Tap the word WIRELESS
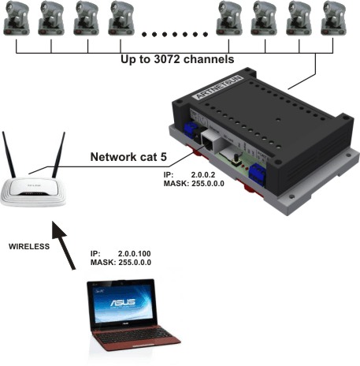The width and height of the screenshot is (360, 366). point(29,246)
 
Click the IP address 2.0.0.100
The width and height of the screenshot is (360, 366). point(135,254)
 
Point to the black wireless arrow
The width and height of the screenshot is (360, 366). point(64,245)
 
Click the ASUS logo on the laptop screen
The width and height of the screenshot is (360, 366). point(123,303)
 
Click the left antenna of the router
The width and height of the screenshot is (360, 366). point(9,155)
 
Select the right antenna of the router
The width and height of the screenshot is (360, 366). point(58,155)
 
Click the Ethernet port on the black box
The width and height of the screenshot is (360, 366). point(209,141)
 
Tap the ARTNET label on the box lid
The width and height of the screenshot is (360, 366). point(218,87)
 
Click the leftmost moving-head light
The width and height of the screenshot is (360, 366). point(17,19)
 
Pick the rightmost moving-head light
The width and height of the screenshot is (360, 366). point(333,18)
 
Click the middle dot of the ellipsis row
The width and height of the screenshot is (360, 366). point(175,34)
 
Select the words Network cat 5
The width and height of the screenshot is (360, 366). point(128,157)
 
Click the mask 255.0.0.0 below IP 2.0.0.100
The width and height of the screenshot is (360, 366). point(135,263)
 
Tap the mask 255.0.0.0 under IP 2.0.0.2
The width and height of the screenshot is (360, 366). point(208,184)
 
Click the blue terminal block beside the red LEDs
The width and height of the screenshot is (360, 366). point(258,174)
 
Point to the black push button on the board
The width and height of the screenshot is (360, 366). point(236,161)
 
